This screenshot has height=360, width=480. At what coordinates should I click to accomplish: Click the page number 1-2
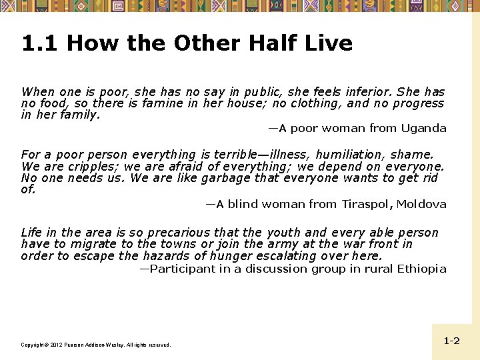point(451,341)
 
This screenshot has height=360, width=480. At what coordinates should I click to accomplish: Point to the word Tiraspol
point(366,204)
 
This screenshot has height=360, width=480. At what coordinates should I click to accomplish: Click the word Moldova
point(421,204)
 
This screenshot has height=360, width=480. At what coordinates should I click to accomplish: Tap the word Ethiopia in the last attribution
point(420,269)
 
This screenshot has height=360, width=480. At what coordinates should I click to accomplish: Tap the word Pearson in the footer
point(77,345)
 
